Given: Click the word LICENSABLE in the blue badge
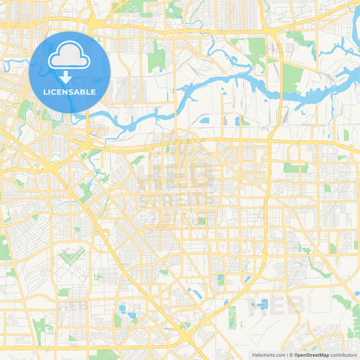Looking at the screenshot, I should pos(70,92).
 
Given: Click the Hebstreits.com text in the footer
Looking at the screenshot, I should pos(267,355).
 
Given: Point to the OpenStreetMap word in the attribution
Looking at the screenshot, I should pos(313,355).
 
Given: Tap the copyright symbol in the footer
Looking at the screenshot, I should pos(291,355).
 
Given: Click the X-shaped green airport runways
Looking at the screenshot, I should pos(73,256).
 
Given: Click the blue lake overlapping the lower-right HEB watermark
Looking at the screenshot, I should pos(259,305).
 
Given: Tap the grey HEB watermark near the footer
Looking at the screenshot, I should pos(277,305).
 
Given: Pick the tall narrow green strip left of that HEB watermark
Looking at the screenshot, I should pos(232,317).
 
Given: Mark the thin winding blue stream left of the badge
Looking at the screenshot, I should pos(14,66).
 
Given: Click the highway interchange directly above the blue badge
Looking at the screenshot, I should pos(94,24).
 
